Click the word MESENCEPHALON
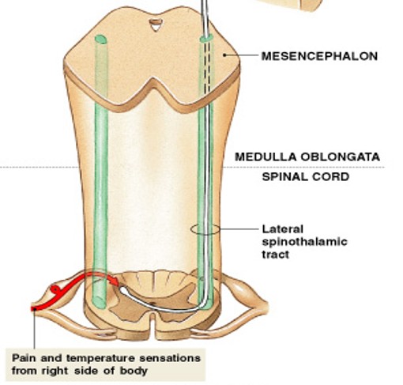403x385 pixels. (x=319, y=56)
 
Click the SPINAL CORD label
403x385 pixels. (x=306, y=177)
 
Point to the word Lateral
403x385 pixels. (x=281, y=229)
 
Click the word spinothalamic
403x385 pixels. (x=303, y=242)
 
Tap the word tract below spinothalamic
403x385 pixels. (x=276, y=255)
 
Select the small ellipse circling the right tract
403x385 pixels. (x=205, y=230)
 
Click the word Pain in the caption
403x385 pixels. (x=24, y=357)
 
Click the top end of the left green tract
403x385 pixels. (x=100, y=39)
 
